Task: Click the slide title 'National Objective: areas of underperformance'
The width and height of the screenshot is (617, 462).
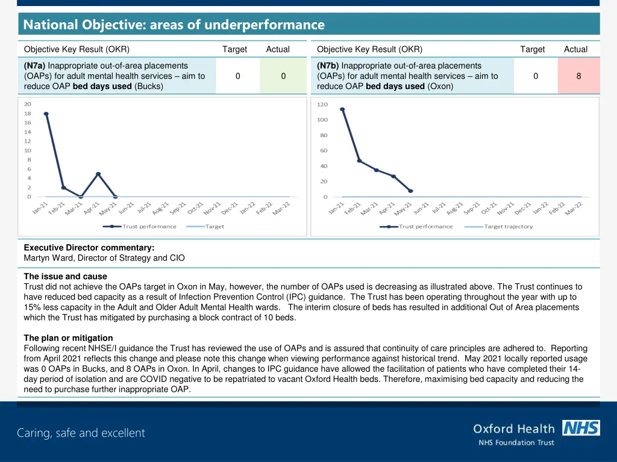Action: (x=174, y=25)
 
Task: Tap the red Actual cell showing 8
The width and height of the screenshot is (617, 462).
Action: (x=578, y=76)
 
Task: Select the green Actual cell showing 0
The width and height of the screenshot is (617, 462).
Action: (x=283, y=76)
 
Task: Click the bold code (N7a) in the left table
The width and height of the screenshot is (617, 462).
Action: (x=35, y=66)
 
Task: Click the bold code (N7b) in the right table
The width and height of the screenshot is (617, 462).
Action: (x=328, y=66)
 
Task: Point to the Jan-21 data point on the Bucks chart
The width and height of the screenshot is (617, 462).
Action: (x=46, y=114)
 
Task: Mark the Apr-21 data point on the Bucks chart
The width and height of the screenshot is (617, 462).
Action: (x=98, y=174)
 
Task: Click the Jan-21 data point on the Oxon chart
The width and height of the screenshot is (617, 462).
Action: (x=342, y=109)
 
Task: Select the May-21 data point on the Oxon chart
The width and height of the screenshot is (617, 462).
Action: (x=410, y=191)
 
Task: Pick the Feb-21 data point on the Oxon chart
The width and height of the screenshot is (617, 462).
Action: (x=359, y=161)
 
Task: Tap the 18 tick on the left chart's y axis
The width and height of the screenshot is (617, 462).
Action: (x=28, y=114)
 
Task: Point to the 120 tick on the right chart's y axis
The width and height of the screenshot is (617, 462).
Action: (x=322, y=105)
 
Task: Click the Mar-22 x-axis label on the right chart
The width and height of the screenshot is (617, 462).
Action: (x=574, y=208)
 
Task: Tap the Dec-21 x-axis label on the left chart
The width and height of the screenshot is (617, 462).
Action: (x=230, y=208)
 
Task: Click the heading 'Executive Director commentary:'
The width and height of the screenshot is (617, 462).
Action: (x=89, y=247)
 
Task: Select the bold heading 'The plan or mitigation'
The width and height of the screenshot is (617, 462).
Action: (x=68, y=338)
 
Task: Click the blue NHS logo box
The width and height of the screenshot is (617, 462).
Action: (x=581, y=428)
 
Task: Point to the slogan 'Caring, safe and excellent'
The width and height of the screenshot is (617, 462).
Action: (x=81, y=433)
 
